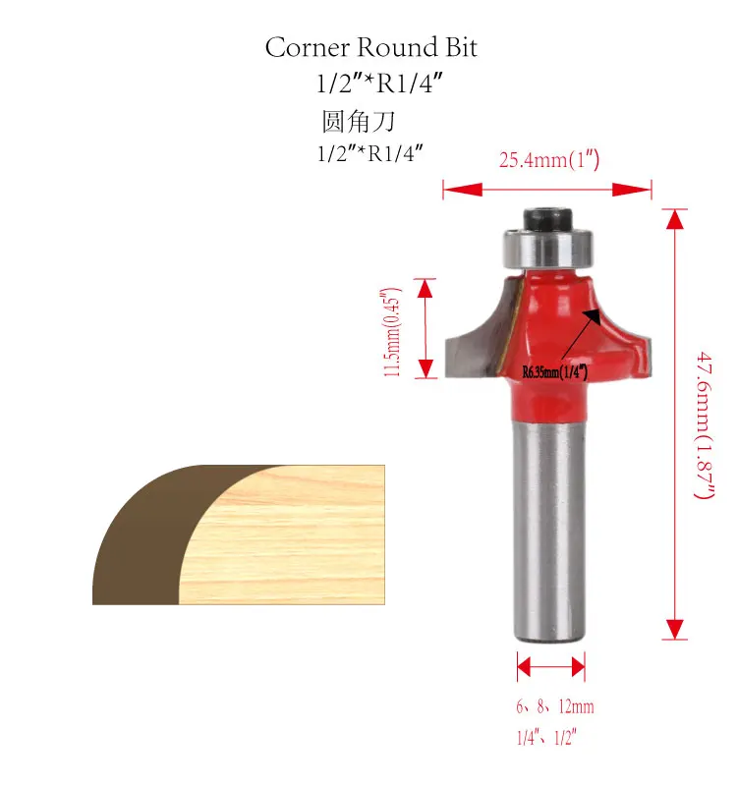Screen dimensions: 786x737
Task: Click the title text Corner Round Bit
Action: (x=370, y=47)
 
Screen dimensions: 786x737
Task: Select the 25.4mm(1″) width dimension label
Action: (x=548, y=159)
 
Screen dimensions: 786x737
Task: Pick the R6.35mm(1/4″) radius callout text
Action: (x=554, y=370)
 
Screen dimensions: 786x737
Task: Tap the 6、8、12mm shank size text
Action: (x=554, y=706)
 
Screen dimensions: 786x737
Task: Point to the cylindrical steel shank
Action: (x=550, y=531)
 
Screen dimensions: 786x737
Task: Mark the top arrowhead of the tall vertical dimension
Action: (x=674, y=219)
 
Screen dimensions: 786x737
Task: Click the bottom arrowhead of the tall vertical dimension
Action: (x=674, y=629)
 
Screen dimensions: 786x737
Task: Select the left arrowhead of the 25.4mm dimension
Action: (x=452, y=189)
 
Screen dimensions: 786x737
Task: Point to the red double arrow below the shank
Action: (x=550, y=668)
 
